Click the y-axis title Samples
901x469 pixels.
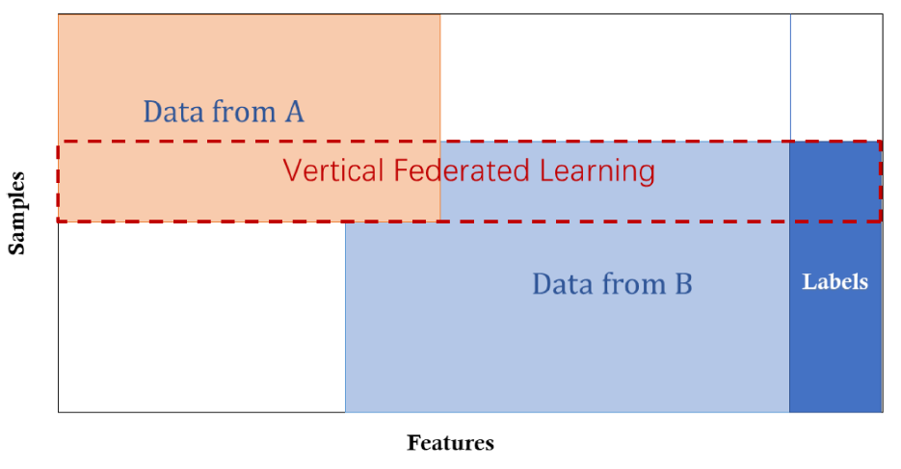click(17, 214)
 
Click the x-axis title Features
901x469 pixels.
click(450, 443)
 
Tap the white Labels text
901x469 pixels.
click(835, 282)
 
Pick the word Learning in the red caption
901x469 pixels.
click(596, 170)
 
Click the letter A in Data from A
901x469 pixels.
click(294, 113)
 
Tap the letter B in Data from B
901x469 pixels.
click(682, 284)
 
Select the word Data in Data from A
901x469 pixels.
click(174, 113)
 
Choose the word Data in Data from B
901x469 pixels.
click(563, 284)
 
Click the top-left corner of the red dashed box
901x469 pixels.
click(59, 142)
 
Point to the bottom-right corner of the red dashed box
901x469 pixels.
click(881, 221)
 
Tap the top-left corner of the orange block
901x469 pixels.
click(60, 15)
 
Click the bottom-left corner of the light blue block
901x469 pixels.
click(346, 411)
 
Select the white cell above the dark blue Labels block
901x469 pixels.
click(835, 77)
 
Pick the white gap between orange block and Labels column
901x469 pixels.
click(615, 77)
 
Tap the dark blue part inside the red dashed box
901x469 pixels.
click(835, 181)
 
